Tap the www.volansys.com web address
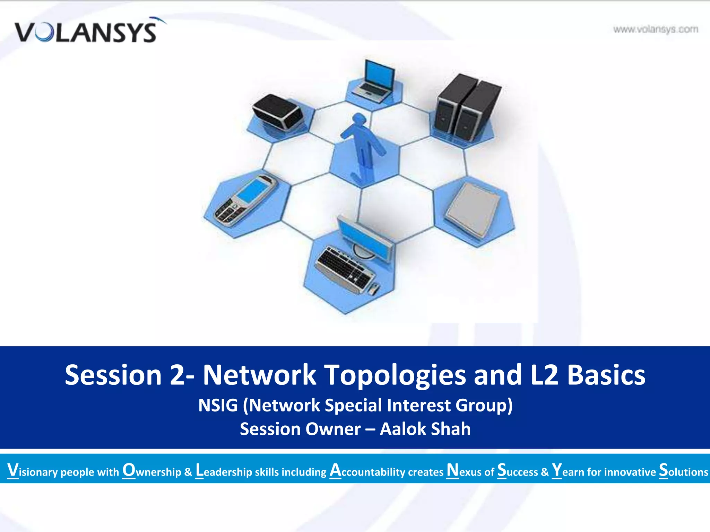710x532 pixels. (655, 29)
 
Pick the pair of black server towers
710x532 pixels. (466, 106)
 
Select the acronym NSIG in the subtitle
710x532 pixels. (218, 405)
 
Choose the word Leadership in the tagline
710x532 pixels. (224, 471)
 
